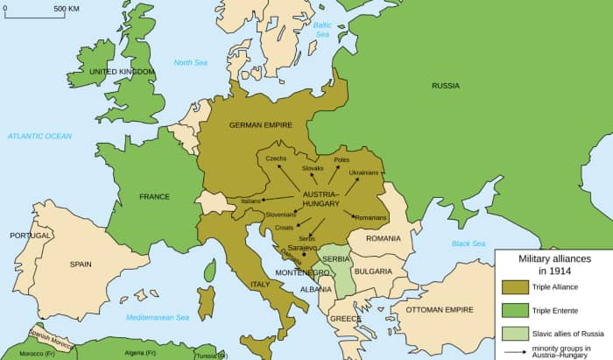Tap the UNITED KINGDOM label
click(x=123, y=71)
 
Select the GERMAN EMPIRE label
click(x=260, y=125)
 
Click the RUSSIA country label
click(x=445, y=86)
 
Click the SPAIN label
click(x=80, y=264)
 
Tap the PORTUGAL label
click(x=31, y=236)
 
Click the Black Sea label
click(x=468, y=244)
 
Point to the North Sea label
click(x=189, y=62)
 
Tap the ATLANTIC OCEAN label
click(x=39, y=136)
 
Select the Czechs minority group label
click(x=276, y=158)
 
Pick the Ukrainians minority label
click(x=363, y=173)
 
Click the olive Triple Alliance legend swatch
click(x=514, y=286)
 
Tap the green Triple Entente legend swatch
click(x=514, y=309)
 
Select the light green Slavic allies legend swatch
click(x=514, y=333)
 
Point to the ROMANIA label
click(x=383, y=238)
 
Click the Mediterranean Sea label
click(x=163, y=317)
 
